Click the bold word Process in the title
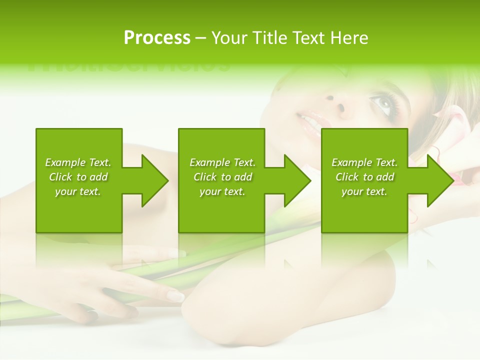(157, 38)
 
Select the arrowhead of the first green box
(155, 180)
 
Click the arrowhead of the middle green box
(297, 180)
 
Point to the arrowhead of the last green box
(440, 180)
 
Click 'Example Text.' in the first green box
(78, 162)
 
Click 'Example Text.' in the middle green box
(222, 162)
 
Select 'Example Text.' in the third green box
(364, 162)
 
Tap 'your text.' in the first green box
(78, 191)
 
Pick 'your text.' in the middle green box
(222, 191)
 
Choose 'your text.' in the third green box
(364, 191)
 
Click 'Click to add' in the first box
(78, 177)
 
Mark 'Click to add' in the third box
(364, 177)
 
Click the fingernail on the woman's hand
(175, 296)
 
